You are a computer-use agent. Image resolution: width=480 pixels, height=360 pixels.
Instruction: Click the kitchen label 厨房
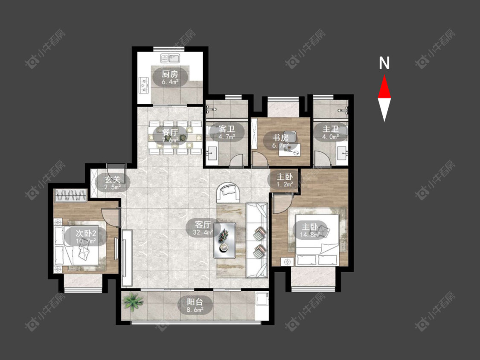pyautogui.click(x=170, y=74)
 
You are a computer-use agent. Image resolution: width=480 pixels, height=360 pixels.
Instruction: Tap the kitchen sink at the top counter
pyautogui.click(x=170, y=58)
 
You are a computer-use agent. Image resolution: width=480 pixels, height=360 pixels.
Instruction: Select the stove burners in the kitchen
pyautogui.click(x=143, y=85)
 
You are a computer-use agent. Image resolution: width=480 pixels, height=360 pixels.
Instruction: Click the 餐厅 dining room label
pyautogui.click(x=169, y=132)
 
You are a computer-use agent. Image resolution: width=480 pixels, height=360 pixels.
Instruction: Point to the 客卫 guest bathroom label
pyautogui.click(x=227, y=129)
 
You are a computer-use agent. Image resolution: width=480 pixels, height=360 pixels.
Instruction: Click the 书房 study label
pyautogui.click(x=280, y=138)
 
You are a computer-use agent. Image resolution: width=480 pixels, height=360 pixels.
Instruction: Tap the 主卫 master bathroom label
pyautogui.click(x=330, y=129)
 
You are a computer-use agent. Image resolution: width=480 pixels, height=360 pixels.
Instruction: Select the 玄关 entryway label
pyautogui.click(x=113, y=179)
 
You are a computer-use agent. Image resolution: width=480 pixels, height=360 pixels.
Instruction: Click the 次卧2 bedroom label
pyautogui.click(x=86, y=233)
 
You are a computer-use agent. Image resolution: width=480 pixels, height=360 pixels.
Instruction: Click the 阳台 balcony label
pyautogui.click(x=195, y=302)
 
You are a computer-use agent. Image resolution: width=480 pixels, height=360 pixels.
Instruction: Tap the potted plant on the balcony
pyautogui.click(x=133, y=302)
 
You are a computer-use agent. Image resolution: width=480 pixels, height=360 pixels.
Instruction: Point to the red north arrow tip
pyautogui.click(x=384, y=75)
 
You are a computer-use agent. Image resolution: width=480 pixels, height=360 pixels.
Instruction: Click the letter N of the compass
pyautogui.click(x=384, y=63)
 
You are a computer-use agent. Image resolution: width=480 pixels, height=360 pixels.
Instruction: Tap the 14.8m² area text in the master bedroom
pyautogui.click(x=311, y=235)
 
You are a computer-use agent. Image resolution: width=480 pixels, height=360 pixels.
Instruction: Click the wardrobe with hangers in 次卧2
pyautogui.click(x=70, y=195)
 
